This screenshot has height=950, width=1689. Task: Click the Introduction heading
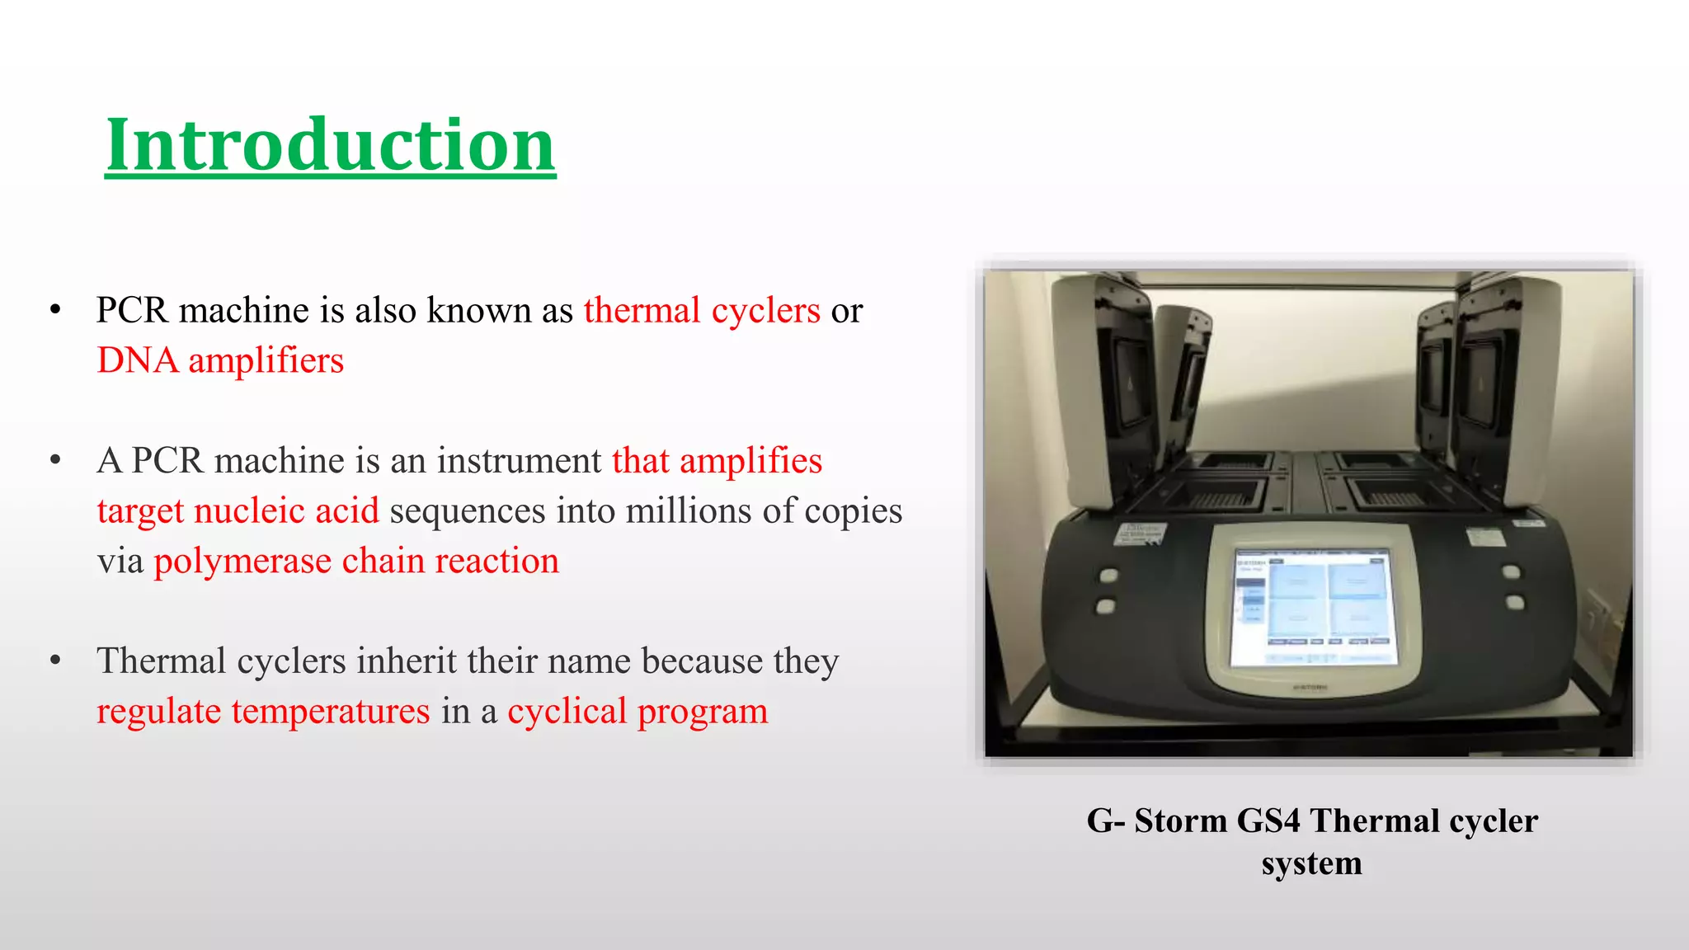point(330,145)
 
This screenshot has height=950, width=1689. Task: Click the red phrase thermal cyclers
point(702,311)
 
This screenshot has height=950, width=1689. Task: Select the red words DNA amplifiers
point(220,361)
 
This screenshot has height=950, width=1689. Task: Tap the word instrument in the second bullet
point(519,461)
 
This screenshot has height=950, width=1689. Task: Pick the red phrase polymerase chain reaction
point(356,562)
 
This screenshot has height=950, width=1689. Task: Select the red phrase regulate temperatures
point(263,712)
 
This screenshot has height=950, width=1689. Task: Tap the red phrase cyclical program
point(637,712)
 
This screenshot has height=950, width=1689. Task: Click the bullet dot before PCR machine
point(55,311)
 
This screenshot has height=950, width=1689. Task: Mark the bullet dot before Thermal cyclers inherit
point(55,661)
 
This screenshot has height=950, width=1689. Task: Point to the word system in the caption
point(1311,863)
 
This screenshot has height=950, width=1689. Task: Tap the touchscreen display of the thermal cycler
point(1313,607)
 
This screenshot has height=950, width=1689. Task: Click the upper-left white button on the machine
point(1109,575)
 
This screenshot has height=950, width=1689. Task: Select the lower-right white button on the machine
point(1515,602)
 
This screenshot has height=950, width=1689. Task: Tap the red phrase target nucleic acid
point(238,511)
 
